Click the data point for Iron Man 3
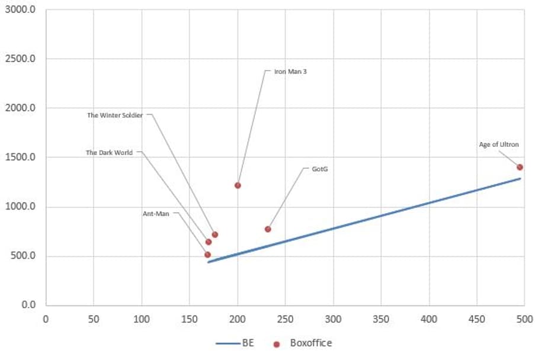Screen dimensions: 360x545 238,185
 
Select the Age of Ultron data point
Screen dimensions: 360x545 520,167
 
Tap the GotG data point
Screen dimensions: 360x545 268,229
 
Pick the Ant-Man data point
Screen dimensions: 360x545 207,255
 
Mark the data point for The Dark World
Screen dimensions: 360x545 209,242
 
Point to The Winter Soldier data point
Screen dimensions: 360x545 215,234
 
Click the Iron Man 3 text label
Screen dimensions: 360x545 290,72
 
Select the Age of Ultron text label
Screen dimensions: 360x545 499,144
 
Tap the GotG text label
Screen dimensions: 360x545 320,169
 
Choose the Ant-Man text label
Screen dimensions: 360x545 156,213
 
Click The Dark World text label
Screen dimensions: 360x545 109,153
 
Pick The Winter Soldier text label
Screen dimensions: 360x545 115,115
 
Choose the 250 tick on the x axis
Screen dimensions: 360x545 285,319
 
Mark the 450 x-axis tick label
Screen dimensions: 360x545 476,319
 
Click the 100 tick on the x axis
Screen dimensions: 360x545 141,319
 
